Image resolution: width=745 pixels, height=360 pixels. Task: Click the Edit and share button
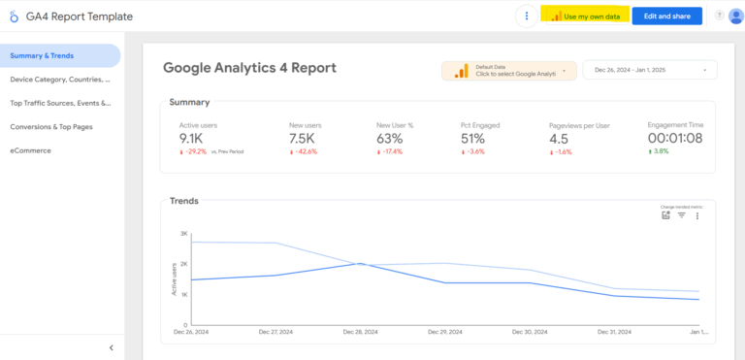point(666,16)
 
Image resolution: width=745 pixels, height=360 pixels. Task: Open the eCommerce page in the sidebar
point(31,150)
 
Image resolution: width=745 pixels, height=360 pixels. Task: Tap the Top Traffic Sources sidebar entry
point(60,103)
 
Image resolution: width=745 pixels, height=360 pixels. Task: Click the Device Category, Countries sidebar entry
point(60,80)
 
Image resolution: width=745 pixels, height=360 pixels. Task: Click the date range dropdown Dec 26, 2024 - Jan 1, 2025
point(650,70)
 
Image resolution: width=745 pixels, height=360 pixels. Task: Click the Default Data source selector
point(508,71)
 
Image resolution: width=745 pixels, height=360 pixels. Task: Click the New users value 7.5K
point(303,139)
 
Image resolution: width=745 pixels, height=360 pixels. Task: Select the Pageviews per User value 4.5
point(559,139)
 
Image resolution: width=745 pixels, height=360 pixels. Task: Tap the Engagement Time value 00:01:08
point(674,139)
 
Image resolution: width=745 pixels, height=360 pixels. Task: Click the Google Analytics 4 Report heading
point(249,68)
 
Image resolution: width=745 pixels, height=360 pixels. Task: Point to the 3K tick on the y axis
point(183,234)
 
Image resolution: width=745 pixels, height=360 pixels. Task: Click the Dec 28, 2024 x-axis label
point(361,332)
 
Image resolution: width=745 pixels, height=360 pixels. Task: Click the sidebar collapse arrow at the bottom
point(111,347)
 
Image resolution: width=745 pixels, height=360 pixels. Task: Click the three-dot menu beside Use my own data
point(527,16)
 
